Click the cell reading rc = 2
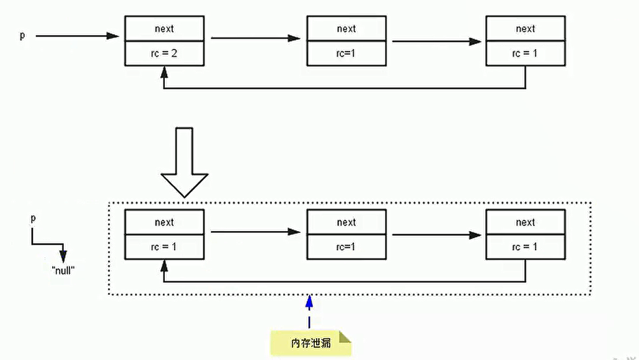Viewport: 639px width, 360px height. (164, 53)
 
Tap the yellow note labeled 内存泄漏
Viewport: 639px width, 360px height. (310, 343)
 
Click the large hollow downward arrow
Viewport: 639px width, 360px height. (184, 162)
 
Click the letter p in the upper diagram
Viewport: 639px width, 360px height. (22, 35)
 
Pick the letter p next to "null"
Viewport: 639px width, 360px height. (32, 219)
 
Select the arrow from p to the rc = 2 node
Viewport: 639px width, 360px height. (77, 36)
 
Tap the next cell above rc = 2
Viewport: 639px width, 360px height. (164, 29)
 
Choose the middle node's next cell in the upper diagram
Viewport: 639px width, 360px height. (346, 29)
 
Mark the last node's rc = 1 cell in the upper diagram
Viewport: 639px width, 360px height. (525, 53)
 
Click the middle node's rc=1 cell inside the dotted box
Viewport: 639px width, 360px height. (346, 247)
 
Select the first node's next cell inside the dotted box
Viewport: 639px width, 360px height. (164, 222)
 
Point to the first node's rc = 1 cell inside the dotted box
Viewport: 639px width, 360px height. (164, 247)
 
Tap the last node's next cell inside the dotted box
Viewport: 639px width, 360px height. (525, 222)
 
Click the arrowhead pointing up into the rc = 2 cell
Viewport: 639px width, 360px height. (164, 72)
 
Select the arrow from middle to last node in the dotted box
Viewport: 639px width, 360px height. (436, 235)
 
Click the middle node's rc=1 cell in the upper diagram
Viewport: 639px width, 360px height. (346, 53)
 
